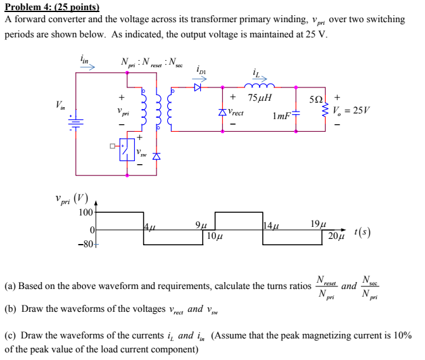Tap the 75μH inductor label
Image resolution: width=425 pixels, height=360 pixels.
[x=260, y=98]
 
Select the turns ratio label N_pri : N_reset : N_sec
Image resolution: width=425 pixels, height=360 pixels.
[x=150, y=63]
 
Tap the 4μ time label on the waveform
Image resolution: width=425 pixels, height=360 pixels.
[x=149, y=226]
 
